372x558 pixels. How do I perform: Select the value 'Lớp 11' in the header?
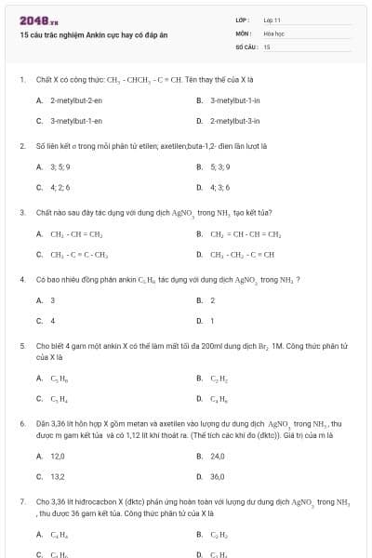[x=272, y=20]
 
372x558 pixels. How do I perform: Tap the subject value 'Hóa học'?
[x=273, y=33]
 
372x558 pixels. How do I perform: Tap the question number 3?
[x=21, y=212]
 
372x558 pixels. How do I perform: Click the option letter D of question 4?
[x=199, y=321]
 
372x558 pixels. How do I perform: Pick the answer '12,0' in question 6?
[x=58, y=457]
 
